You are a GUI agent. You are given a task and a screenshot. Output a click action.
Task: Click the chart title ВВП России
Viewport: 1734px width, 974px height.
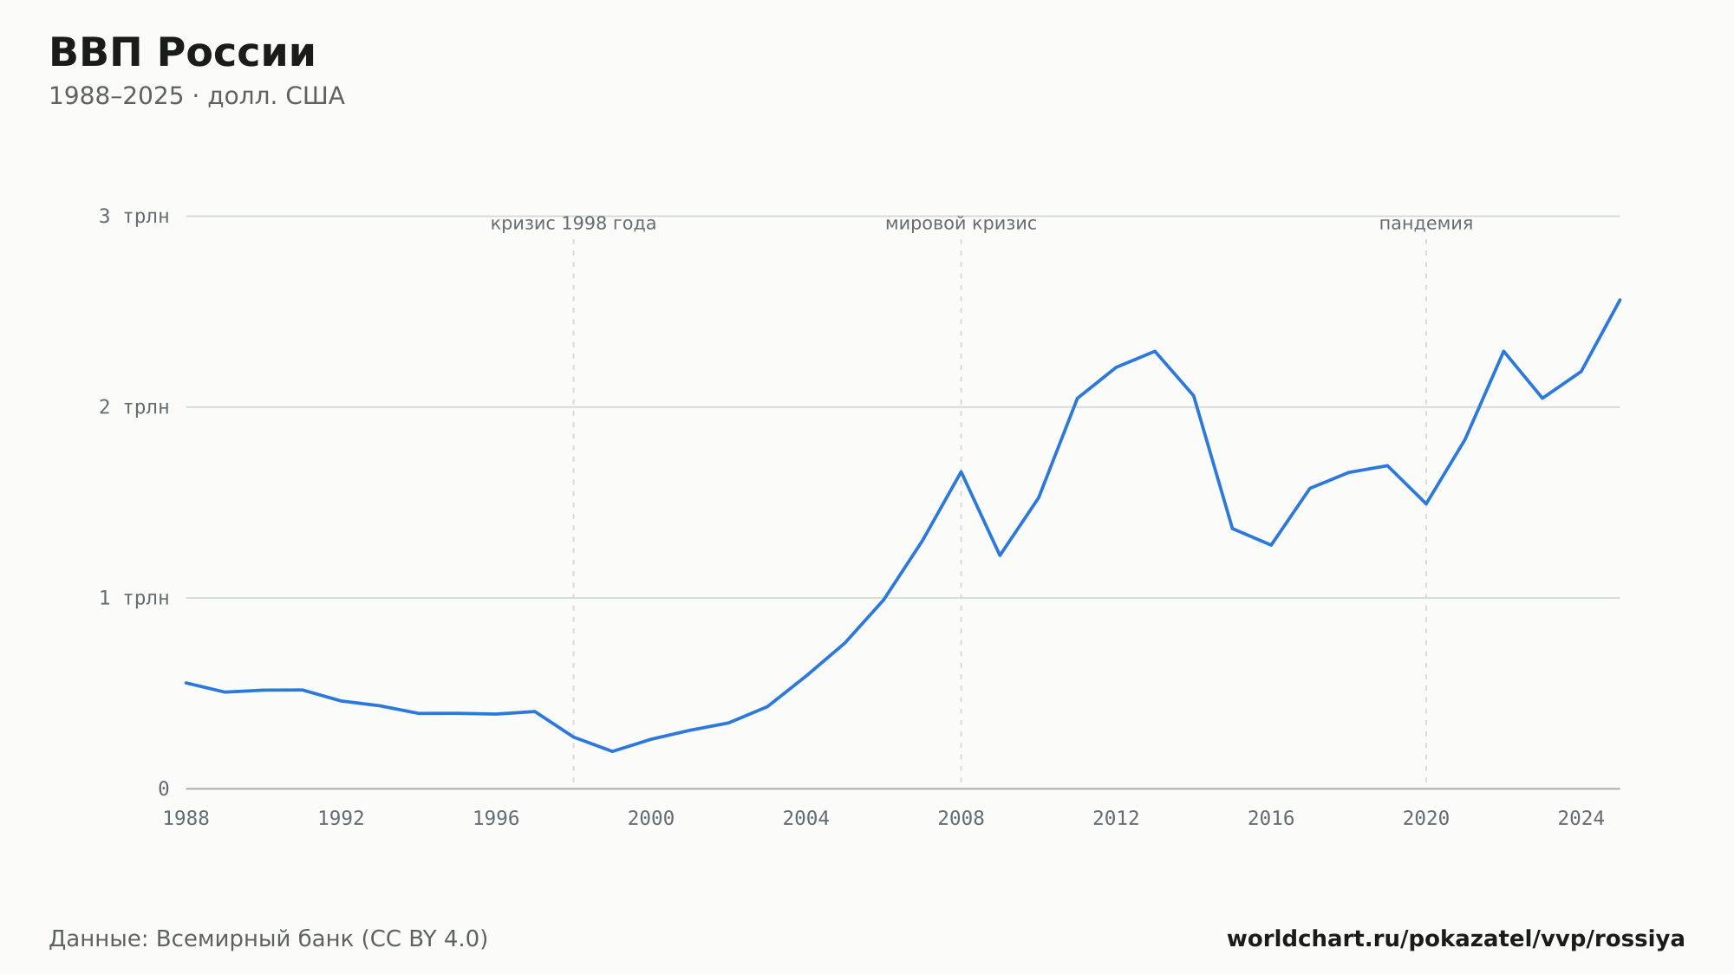(x=182, y=53)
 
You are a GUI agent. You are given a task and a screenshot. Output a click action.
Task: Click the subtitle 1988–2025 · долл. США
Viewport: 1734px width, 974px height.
(x=197, y=96)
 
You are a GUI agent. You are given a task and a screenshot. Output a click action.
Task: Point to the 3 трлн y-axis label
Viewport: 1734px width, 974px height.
(x=134, y=217)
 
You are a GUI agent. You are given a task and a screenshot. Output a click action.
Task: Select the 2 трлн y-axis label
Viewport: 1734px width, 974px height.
(x=134, y=407)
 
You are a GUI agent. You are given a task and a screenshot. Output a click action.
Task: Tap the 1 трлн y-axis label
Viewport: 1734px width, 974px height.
(x=134, y=598)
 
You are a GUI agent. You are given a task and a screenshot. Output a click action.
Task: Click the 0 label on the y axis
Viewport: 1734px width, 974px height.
(x=164, y=789)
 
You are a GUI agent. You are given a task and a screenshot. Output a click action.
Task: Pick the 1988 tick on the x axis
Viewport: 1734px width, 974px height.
(x=186, y=818)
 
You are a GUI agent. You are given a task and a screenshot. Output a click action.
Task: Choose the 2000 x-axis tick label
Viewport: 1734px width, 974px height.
(x=651, y=818)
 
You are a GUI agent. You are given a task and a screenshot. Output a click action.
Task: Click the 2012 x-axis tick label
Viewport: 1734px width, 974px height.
(x=1116, y=818)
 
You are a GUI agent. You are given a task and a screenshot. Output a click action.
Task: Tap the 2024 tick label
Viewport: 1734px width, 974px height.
(x=1581, y=818)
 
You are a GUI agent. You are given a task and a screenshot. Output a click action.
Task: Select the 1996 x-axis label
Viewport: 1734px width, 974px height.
(x=496, y=818)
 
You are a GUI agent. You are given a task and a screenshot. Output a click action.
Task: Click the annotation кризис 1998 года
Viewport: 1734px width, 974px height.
(x=573, y=224)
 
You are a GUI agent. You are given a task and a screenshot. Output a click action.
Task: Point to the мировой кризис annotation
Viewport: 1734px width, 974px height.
(x=961, y=224)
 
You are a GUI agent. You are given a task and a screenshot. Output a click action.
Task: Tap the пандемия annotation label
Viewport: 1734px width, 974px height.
(x=1426, y=224)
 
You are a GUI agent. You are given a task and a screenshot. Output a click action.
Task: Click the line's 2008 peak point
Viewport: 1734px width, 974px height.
(x=961, y=471)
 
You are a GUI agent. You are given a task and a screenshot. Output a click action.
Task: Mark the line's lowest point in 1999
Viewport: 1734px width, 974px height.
(x=612, y=751)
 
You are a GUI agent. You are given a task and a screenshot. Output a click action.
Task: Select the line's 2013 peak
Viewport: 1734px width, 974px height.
(x=1155, y=351)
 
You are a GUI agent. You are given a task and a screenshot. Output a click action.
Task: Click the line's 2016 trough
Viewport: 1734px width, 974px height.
(x=1271, y=545)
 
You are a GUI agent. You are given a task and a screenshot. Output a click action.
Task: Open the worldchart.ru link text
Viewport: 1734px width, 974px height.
(x=1456, y=938)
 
